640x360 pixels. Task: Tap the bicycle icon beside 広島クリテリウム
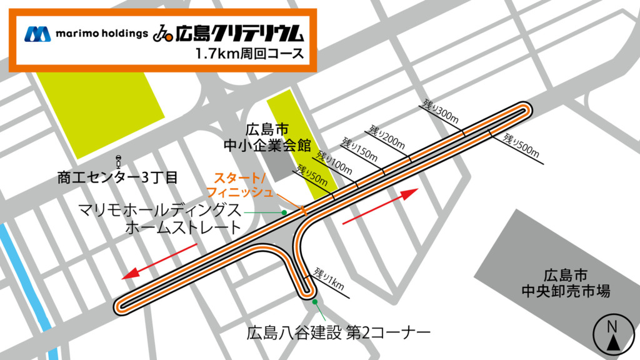coord(163,32)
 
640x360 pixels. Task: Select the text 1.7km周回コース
coord(249,54)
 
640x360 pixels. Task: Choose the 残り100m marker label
coord(334,162)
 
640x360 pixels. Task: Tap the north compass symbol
coord(611,334)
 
